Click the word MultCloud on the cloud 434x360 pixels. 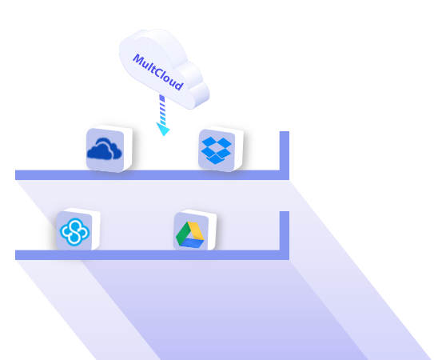tap(158, 72)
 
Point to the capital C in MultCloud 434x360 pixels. tap(159, 73)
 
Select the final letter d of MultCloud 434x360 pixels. tap(179, 84)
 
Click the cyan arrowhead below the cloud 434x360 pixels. tap(163, 129)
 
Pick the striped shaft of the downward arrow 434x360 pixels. tap(162, 109)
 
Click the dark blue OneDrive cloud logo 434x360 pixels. tap(105, 150)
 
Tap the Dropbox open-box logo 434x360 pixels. tap(216, 150)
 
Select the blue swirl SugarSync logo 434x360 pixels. tap(74, 232)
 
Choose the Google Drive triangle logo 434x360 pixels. tap(190, 234)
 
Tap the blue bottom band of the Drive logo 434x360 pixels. tap(192, 243)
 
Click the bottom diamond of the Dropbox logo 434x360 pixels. tap(216, 159)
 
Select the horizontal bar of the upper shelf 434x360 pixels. tap(147, 175)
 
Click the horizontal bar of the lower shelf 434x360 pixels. tap(147, 255)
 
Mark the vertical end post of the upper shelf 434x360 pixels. tap(285, 155)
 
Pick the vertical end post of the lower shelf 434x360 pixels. tap(285, 235)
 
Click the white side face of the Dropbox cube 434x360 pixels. tap(239, 149)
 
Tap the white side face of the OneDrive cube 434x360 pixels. tap(128, 149)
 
